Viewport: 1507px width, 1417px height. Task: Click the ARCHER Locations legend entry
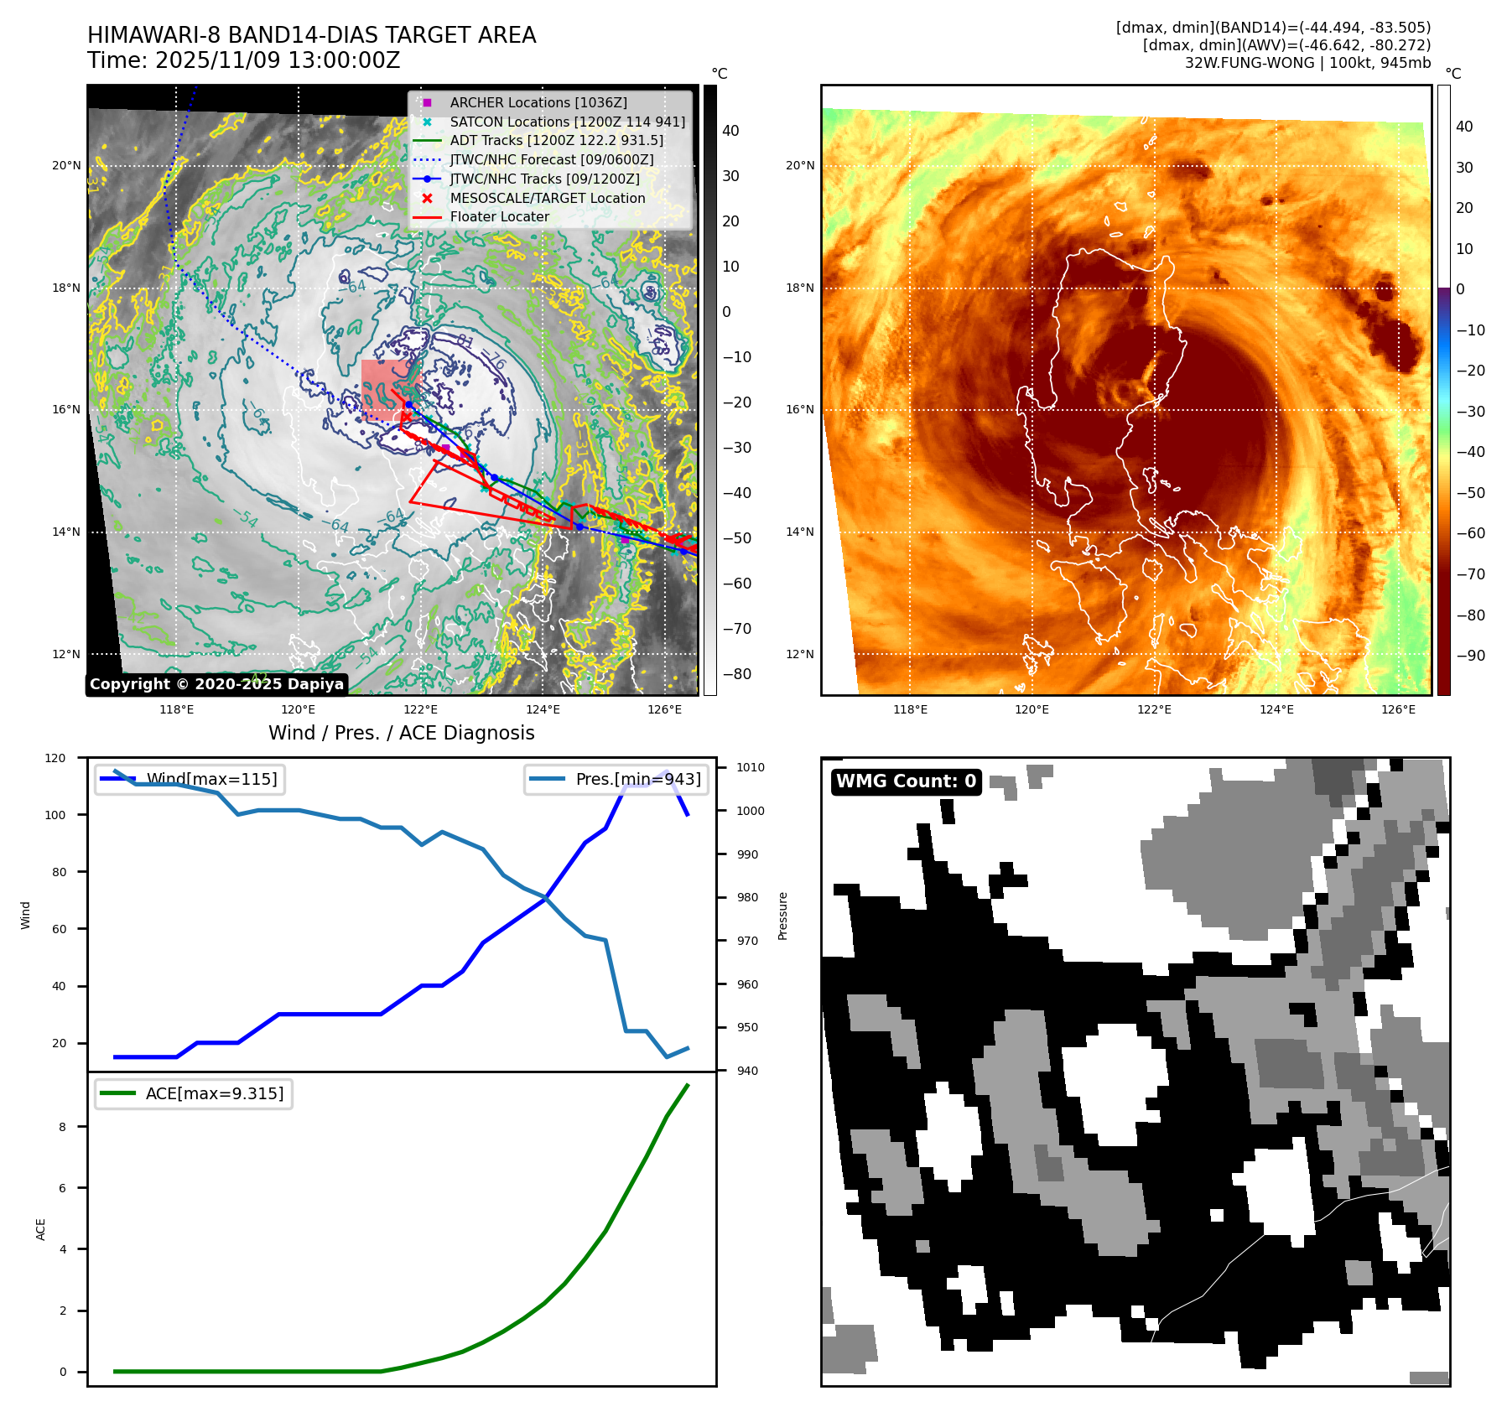[538, 102]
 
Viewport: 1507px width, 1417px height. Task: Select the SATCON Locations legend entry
[567, 122]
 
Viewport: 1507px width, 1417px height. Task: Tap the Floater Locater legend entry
[499, 216]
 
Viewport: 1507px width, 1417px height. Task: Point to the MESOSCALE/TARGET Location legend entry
[547, 198]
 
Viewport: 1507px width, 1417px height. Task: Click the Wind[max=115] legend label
[211, 779]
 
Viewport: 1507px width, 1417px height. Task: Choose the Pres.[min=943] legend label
[637, 779]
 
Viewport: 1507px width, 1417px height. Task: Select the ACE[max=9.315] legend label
[214, 1093]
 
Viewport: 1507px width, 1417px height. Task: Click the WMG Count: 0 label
[906, 781]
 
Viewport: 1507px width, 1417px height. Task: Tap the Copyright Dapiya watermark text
[216, 684]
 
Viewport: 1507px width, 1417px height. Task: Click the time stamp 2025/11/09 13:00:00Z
[277, 60]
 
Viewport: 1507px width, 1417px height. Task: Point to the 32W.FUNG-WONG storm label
[1249, 63]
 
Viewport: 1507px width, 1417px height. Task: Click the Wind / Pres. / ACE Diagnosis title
[401, 733]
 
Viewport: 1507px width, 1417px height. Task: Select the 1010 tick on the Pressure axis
[750, 767]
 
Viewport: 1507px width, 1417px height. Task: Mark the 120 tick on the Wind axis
[55, 758]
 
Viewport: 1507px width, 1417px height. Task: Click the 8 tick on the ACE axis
[62, 1127]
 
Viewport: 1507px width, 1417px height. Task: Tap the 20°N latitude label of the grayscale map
[66, 166]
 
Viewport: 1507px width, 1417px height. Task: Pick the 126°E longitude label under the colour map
[1398, 709]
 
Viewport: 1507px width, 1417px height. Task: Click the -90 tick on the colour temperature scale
[1470, 656]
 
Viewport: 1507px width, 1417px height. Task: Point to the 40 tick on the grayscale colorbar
[730, 131]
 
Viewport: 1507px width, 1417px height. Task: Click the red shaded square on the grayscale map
[388, 388]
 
